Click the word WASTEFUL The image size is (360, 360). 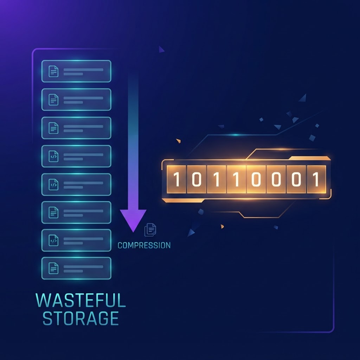point(81,300)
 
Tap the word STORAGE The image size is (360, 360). point(81,318)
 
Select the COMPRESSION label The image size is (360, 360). point(144,245)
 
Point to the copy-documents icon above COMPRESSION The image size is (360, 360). point(150,230)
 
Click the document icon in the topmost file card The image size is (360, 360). point(53,71)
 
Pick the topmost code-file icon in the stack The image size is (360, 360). point(53,156)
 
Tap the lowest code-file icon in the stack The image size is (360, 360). point(53,240)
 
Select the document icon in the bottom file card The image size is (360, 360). point(53,268)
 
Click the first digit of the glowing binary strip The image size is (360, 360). point(176,179)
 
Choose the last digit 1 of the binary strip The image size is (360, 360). point(316,179)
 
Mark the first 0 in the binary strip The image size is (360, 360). point(197,179)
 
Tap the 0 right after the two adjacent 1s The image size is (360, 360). point(256,179)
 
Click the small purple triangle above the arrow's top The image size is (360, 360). point(161,49)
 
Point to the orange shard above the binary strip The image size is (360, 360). point(179,141)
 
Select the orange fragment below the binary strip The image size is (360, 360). point(222,227)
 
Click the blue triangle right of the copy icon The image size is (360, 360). point(191,233)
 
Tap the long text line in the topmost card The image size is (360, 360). point(83,70)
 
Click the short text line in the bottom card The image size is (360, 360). point(73,271)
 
